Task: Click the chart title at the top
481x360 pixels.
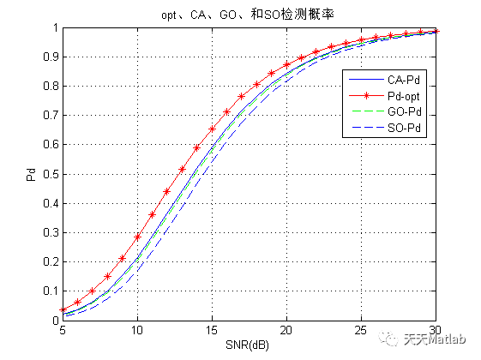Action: point(250,15)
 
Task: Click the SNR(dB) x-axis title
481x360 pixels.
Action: point(250,345)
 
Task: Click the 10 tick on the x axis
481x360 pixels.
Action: point(137,330)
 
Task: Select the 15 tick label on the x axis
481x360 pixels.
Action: point(212,330)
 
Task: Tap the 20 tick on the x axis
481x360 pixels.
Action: point(286,330)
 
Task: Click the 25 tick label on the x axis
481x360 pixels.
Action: point(361,330)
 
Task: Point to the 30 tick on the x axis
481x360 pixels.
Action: point(436,330)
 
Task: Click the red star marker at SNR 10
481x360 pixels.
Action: point(137,237)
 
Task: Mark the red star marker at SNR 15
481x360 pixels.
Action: point(212,129)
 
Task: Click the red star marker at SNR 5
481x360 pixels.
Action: point(63,309)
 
